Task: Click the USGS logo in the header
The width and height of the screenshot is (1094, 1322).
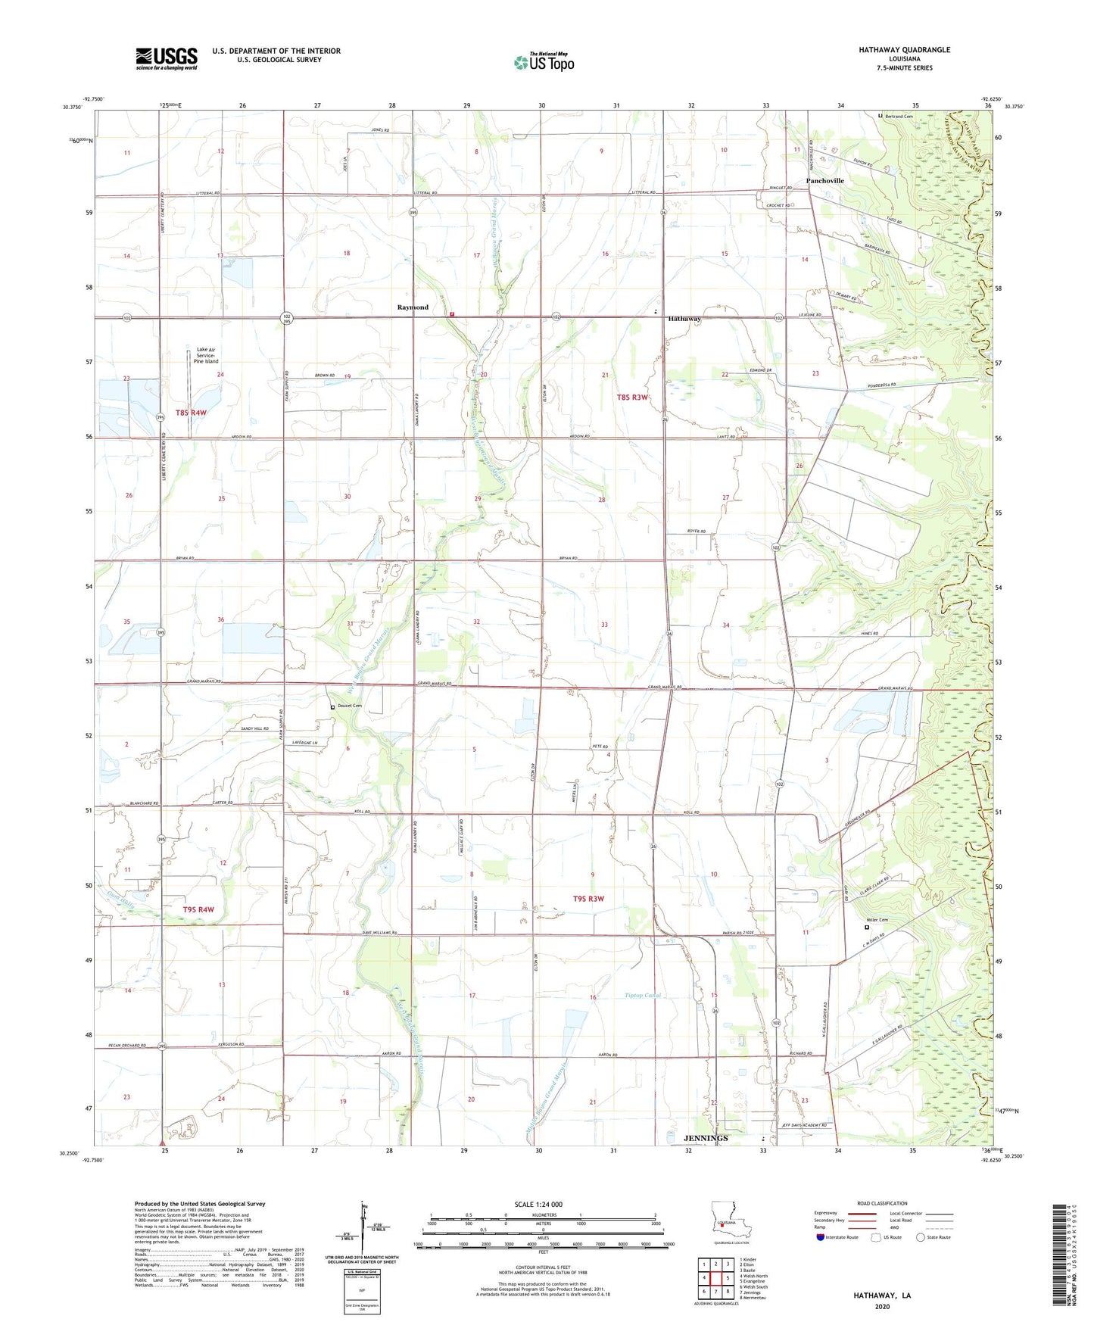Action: pos(167,58)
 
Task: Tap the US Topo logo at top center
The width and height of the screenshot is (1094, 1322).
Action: pos(544,62)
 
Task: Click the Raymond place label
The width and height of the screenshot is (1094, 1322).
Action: pos(413,307)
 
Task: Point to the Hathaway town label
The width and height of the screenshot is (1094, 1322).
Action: pos(684,320)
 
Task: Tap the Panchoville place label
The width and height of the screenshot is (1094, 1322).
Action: pos(824,181)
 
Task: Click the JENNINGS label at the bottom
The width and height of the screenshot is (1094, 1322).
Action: pos(706,1138)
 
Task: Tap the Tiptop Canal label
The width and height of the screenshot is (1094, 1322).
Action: pos(642,995)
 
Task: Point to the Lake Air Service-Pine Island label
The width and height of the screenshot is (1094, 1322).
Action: pos(206,355)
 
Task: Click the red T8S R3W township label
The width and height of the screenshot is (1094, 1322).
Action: pos(632,397)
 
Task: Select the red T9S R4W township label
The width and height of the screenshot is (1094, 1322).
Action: pos(198,909)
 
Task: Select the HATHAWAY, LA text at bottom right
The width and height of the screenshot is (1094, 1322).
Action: pos(882,1295)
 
